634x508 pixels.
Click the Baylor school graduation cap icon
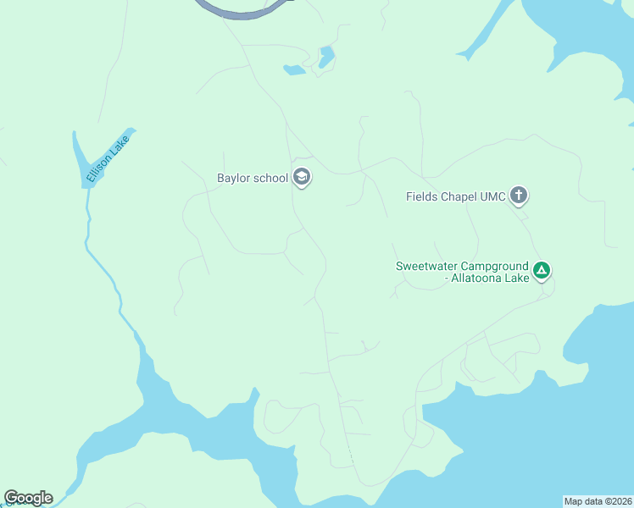302,178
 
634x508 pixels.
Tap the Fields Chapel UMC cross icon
519,197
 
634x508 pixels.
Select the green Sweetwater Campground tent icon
542,272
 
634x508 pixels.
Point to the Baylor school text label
253,178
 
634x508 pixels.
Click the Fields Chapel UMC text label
455,197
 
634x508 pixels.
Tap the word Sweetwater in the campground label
428,266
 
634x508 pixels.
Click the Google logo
28,498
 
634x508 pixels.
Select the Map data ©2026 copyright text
598,501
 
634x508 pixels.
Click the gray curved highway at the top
246,13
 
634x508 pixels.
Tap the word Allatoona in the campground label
479,278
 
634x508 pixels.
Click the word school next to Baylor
271,178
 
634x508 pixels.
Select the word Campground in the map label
496,266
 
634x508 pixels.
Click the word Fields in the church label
422,197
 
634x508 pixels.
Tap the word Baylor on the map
235,178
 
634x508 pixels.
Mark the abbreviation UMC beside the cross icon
493,197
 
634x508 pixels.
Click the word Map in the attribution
574,501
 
